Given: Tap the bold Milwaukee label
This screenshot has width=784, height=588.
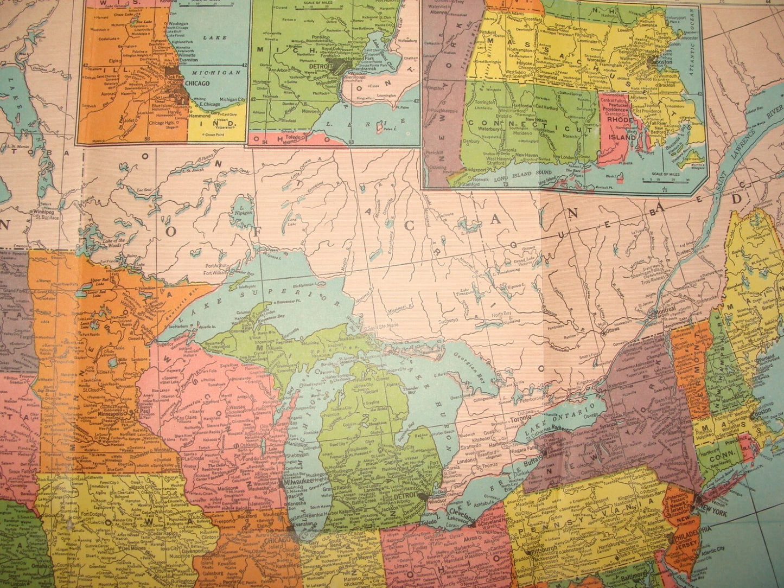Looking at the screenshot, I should [296, 482].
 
